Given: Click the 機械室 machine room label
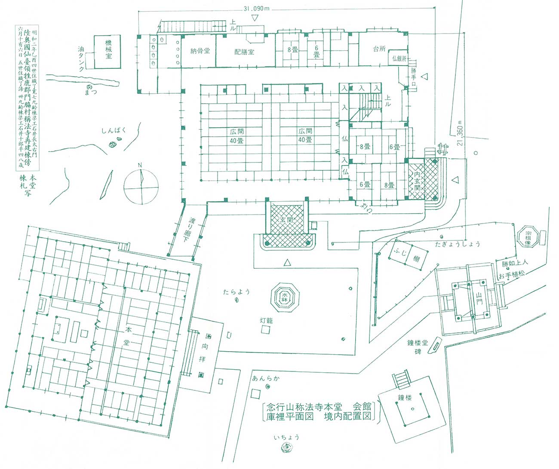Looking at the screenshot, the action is point(109,49).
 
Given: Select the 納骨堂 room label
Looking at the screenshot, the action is point(200,51).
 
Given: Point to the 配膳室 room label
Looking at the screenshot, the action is point(244,52).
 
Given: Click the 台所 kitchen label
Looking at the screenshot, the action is point(379,49).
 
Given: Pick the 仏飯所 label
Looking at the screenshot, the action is point(399,59).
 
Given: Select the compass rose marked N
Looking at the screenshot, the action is point(141,186).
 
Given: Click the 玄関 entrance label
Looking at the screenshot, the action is point(286,219).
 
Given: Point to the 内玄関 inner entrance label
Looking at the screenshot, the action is point(417,182).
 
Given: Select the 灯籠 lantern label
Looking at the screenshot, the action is point(266,321).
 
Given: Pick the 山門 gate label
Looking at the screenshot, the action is point(479,298).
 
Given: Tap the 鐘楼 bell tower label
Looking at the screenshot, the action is point(405,398).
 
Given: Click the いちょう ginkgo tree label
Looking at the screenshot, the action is point(286,437).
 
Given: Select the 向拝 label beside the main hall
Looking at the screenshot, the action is point(202,352).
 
